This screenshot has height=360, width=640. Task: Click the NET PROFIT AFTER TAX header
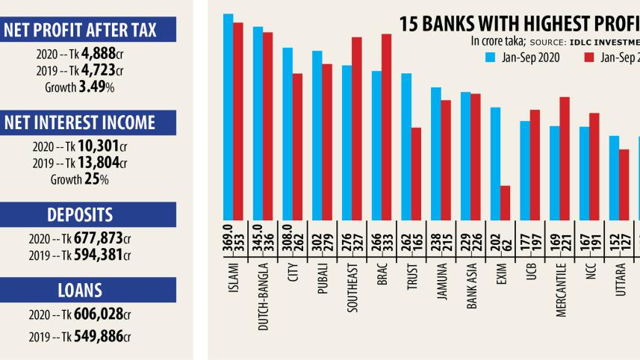pos(88,30)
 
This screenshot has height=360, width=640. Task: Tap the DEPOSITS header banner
pos(88,215)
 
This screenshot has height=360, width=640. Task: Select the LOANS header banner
pos(88,290)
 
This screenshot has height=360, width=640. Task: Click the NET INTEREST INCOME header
pos(88,123)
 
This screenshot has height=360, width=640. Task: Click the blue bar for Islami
pos(228,117)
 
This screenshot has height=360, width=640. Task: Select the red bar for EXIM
pos(506,202)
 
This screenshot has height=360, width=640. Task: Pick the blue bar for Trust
pos(406,146)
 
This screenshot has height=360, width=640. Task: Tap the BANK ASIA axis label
pos(471,285)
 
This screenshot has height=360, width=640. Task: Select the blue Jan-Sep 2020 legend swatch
pos(491,56)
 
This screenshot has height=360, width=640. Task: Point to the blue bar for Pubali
pos(317,135)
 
